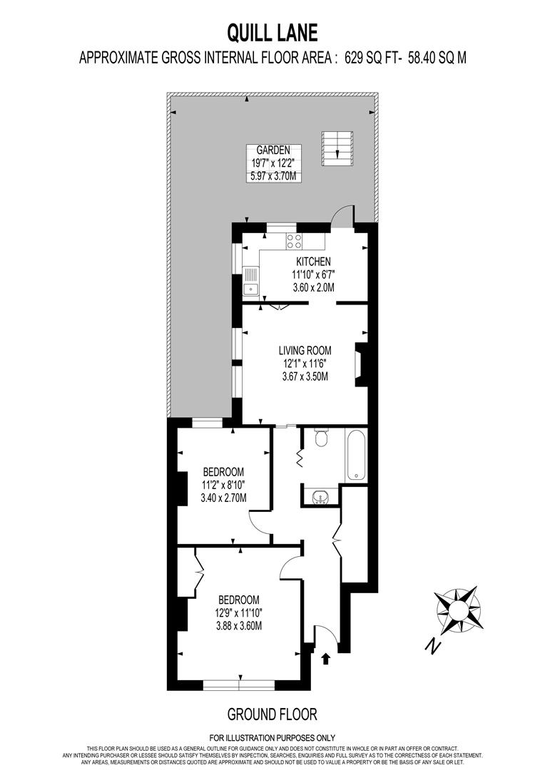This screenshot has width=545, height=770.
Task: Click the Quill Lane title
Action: coord(272,31)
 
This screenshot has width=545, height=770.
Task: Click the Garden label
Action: coord(273,150)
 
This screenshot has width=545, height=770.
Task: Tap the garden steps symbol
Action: coord(337,146)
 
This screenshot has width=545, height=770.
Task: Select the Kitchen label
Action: coord(313,262)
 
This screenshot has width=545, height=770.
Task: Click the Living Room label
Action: coord(305,350)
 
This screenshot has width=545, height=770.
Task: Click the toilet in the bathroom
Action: coord(320,438)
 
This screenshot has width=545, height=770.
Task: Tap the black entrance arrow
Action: coord(327,658)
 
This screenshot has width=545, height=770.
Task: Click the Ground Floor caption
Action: coord(272,713)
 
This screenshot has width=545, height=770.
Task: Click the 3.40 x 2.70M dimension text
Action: coord(224,498)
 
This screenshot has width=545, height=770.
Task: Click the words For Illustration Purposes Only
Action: coord(272,737)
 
